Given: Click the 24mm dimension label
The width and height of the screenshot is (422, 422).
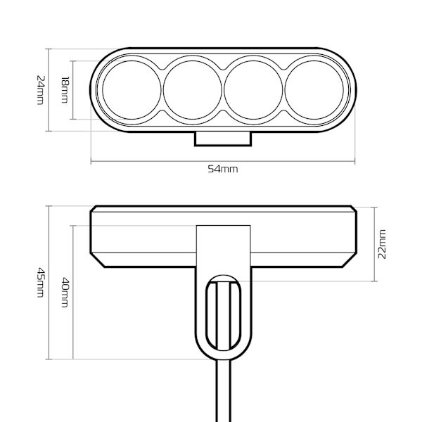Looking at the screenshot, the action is (40, 90).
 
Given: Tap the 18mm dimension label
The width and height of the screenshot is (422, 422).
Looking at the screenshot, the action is (65, 90).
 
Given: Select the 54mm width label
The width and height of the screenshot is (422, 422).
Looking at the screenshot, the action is (223, 169).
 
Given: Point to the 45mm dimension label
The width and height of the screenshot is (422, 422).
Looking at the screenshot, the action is (40, 282).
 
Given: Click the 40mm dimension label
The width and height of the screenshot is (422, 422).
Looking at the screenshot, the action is (65, 293).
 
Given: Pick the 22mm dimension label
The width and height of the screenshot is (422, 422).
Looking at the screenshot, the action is (382, 244).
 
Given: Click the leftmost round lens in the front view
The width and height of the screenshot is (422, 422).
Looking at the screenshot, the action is (132, 90).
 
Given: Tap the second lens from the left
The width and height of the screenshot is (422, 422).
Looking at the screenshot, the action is (193, 90).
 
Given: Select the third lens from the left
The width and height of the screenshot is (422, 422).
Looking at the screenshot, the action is (253, 90).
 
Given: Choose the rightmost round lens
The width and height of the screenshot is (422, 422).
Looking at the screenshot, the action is (314, 90).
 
